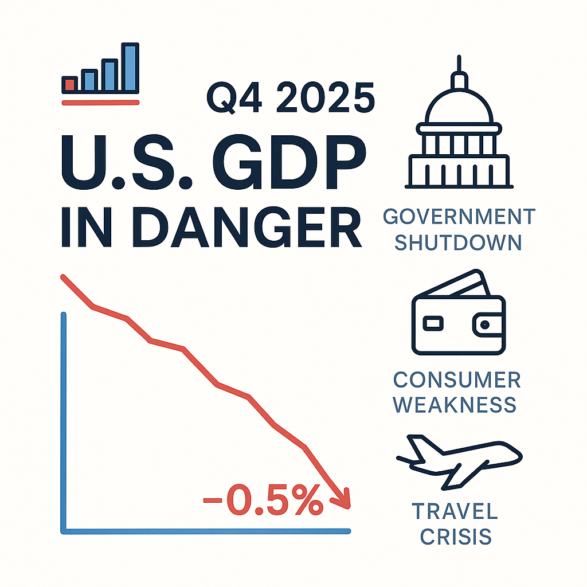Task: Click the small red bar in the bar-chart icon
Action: (70, 84)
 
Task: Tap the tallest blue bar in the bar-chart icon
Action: (131, 67)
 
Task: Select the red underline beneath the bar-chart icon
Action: (100, 103)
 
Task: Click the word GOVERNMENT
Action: (459, 217)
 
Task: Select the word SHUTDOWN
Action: (459, 242)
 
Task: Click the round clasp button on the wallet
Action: (485, 324)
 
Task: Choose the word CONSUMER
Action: (457, 379)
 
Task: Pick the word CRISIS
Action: (456, 536)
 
